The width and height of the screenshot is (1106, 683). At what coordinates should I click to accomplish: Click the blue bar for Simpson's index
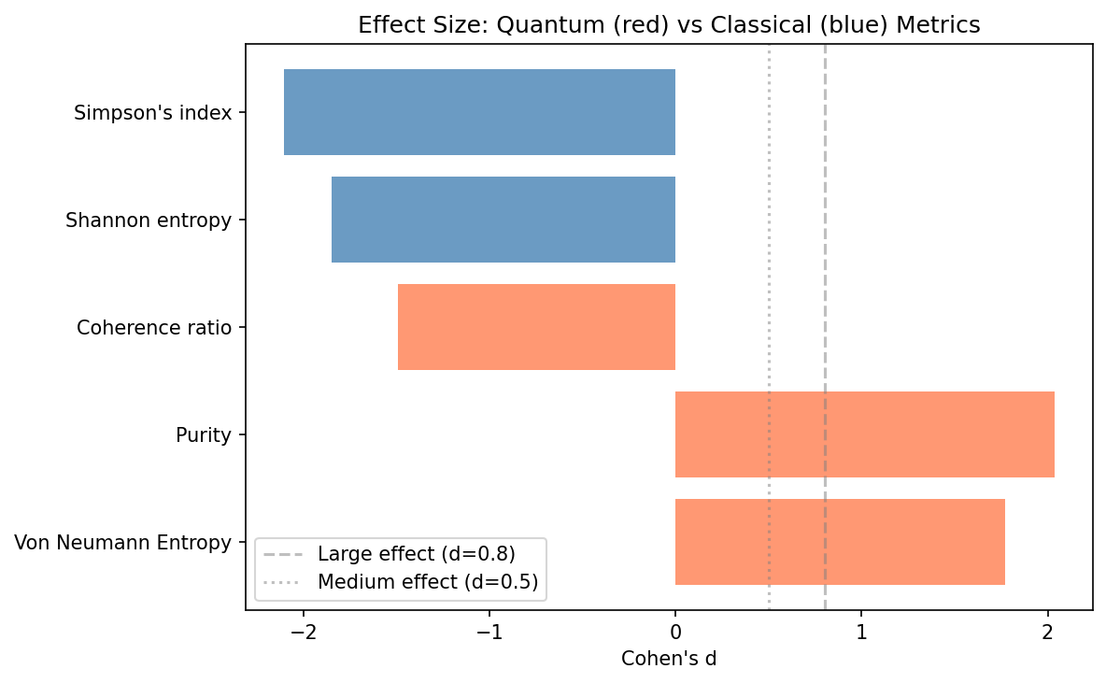[479, 112]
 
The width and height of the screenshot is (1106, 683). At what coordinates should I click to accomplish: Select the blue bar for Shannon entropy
[503, 220]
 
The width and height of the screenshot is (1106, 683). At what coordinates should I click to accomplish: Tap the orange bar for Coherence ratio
[536, 327]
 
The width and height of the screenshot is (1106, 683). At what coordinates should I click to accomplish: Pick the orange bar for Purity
[864, 434]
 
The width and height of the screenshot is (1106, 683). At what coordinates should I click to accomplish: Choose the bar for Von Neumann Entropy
[840, 542]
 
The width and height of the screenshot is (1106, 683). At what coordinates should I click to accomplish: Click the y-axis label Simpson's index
[152, 113]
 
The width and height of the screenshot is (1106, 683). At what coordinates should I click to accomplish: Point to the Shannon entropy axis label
[149, 221]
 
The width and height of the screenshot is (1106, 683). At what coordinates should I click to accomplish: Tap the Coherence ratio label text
[154, 328]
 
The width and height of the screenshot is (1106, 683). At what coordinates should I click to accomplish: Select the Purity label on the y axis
[203, 435]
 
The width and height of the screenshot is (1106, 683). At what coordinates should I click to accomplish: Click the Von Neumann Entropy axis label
[123, 543]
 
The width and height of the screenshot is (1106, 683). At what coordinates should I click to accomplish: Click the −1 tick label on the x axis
[489, 632]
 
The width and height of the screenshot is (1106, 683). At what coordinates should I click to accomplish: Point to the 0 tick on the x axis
[675, 632]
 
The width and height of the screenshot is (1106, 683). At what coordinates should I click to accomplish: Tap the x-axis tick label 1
[861, 632]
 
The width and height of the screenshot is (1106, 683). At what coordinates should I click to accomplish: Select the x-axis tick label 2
[1047, 632]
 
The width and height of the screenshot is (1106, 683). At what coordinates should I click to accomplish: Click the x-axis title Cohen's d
[669, 659]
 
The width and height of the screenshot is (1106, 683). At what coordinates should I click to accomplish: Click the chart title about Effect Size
[669, 25]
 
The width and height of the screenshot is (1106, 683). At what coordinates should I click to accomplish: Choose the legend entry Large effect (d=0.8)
[416, 553]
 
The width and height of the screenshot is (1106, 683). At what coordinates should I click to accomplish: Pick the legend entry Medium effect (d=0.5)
[427, 582]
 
